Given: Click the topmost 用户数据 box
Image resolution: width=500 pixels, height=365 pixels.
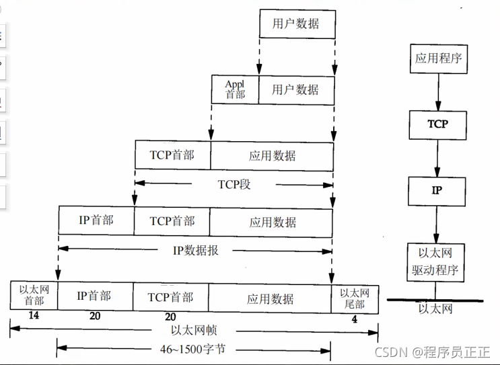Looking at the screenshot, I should (296, 24).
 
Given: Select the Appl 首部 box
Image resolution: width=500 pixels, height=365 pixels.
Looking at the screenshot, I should (235, 89).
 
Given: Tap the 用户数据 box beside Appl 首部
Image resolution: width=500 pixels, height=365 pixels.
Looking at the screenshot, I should (296, 89).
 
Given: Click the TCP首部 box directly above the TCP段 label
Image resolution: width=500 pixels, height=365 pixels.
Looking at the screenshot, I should (173, 155).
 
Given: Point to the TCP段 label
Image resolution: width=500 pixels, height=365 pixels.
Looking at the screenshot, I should (234, 184).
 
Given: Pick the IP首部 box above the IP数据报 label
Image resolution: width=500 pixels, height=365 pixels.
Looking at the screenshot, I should (96, 220).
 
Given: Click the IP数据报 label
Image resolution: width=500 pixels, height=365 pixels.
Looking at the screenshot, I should (196, 250).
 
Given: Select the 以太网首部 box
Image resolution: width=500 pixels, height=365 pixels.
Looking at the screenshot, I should (34, 296).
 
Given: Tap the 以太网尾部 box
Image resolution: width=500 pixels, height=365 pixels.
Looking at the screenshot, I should (355, 296).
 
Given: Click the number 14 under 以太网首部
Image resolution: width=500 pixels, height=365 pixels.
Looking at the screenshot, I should (34, 315).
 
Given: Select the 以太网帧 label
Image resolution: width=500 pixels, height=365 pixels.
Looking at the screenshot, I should (192, 330).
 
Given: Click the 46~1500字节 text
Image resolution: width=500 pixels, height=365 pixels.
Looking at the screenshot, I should (193, 349).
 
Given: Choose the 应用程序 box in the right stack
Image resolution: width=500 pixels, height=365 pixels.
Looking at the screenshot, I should (439, 58).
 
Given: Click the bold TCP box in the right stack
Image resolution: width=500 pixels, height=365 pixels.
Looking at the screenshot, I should (438, 124).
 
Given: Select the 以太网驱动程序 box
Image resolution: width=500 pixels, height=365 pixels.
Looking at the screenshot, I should (438, 263).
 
